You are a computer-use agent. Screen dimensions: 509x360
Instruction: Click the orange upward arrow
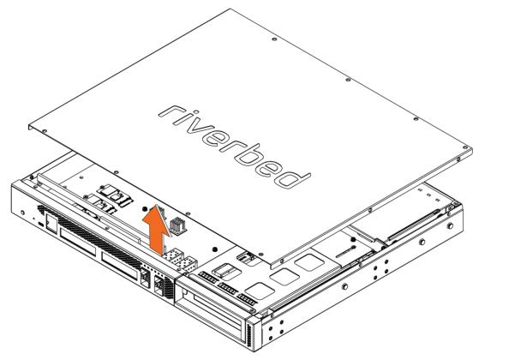point(156,230)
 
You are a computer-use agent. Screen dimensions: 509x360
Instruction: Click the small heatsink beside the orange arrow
point(178,225)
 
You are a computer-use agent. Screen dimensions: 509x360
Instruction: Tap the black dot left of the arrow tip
point(145,209)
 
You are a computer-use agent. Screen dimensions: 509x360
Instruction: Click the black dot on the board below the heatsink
point(214,249)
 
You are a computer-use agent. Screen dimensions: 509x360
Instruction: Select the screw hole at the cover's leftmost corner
point(45,131)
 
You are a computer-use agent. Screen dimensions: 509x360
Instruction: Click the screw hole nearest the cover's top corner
point(274,39)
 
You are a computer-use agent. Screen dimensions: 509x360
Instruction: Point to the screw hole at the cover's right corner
point(458,159)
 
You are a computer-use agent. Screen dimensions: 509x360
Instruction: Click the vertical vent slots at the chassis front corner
point(249,334)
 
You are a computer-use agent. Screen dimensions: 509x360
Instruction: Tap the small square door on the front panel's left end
point(51,222)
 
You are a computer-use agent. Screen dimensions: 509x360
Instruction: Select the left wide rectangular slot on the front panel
point(78,242)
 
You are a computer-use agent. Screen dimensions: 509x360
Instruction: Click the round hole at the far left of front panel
point(22,213)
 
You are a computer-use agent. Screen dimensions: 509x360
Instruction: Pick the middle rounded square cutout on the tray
point(284,277)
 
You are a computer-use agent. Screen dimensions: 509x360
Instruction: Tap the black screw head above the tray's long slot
point(353,239)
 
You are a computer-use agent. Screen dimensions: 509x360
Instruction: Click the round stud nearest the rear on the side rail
point(450,225)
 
